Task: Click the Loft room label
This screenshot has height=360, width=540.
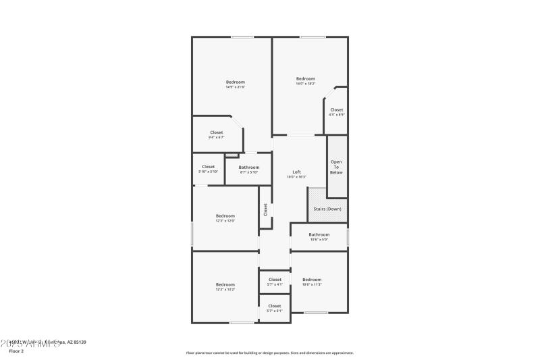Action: [296, 172]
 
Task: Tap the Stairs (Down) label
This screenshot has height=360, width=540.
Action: [327, 209]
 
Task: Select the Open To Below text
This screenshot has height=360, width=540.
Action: [336, 167]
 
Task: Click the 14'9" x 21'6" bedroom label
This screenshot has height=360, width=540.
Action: [235, 84]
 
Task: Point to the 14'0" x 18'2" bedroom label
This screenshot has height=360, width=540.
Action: [306, 80]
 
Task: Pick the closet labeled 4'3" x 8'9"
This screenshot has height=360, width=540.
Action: [336, 111]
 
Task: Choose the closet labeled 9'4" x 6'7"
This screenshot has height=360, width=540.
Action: [216, 134]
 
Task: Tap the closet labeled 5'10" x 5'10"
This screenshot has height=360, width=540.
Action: [208, 169]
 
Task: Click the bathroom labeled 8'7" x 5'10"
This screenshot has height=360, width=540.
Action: [248, 169]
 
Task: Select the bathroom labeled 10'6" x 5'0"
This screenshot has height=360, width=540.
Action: [319, 237]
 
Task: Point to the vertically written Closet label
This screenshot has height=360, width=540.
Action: [265, 210]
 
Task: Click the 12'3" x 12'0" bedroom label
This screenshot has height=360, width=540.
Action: [225, 218]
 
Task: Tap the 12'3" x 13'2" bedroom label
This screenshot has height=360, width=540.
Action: [225, 286]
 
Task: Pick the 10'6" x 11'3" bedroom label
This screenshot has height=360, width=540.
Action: [312, 282]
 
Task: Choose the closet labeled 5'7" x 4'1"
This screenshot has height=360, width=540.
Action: [275, 282]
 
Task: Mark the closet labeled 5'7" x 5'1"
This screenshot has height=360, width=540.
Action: [274, 308]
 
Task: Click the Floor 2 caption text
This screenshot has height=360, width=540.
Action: [16, 351]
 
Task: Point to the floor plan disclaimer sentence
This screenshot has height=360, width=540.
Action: [269, 353]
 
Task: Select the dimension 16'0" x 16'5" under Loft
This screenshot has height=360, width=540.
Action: [296, 177]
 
